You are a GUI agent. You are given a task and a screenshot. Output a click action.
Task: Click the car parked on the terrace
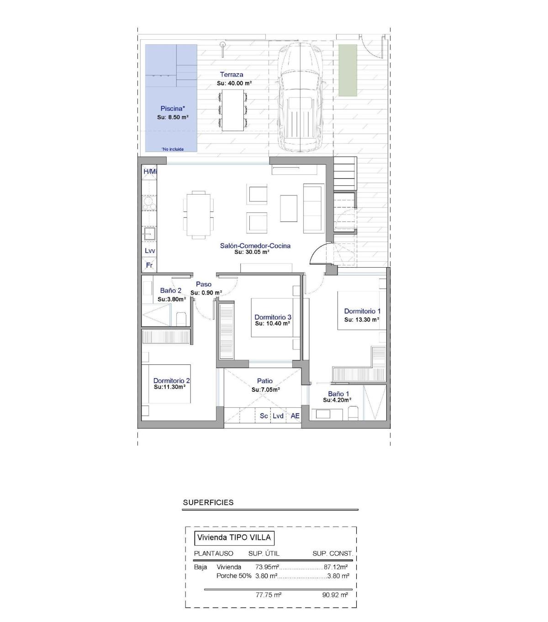[300, 98]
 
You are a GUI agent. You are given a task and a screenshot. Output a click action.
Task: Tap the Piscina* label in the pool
[173, 108]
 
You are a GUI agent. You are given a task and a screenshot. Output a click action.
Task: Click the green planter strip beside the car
[348, 70]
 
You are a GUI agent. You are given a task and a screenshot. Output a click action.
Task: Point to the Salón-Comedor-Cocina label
[255, 246]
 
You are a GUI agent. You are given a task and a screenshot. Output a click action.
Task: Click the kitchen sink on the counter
[149, 234]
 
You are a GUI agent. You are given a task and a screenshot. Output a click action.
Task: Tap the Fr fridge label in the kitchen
[149, 265]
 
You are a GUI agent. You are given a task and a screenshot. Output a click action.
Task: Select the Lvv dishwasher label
[150, 251]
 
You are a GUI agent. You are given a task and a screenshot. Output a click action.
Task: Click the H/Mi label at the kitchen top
[150, 171]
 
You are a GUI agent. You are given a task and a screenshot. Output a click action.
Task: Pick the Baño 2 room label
[171, 290]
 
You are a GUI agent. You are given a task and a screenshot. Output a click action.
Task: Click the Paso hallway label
[204, 285]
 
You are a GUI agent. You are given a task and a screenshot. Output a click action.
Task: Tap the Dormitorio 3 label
[273, 317]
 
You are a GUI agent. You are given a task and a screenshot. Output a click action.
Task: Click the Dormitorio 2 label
[171, 381]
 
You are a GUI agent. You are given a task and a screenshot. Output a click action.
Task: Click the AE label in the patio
[295, 416]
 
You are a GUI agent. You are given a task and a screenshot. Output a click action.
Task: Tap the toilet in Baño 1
[353, 413]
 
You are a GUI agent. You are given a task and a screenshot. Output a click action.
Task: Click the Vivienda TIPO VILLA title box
[234, 537]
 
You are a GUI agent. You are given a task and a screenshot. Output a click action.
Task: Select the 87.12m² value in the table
[336, 567]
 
